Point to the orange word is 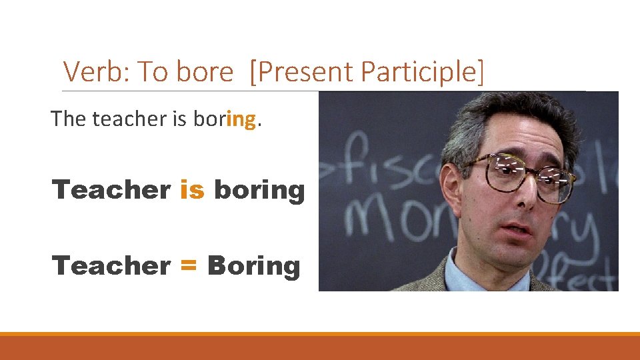[192, 190]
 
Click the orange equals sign [189, 266]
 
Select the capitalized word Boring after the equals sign [254, 266]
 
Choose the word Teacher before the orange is [111, 190]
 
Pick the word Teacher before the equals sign [111, 266]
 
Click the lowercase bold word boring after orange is [259, 191]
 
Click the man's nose [528, 193]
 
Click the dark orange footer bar [320, 348]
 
